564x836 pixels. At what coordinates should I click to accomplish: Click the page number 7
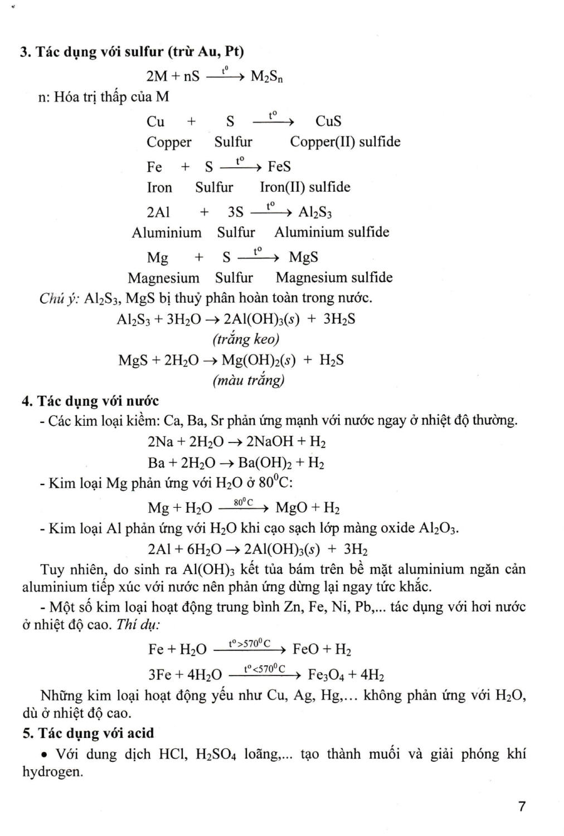tap(522, 806)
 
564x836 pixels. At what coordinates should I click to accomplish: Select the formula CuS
tap(328, 121)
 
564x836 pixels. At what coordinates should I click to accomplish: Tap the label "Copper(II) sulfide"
tap(345, 142)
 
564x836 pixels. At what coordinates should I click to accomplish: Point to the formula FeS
tap(279, 167)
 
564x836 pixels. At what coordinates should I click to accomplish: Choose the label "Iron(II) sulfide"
tap(305, 187)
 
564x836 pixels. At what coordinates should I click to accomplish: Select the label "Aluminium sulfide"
tap(332, 232)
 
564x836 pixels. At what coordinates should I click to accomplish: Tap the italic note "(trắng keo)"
tap(246, 339)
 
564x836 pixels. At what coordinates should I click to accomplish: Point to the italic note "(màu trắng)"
tap(248, 381)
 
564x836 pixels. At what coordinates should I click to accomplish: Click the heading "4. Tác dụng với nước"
tap(90, 401)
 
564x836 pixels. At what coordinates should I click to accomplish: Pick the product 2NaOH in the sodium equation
tap(270, 442)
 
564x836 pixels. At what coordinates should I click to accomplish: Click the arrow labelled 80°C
tap(244, 508)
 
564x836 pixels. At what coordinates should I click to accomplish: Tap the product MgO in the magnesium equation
tap(291, 508)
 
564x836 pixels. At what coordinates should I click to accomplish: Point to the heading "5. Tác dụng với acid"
tap(88, 733)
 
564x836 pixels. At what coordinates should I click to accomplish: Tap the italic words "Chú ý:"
tap(60, 299)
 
